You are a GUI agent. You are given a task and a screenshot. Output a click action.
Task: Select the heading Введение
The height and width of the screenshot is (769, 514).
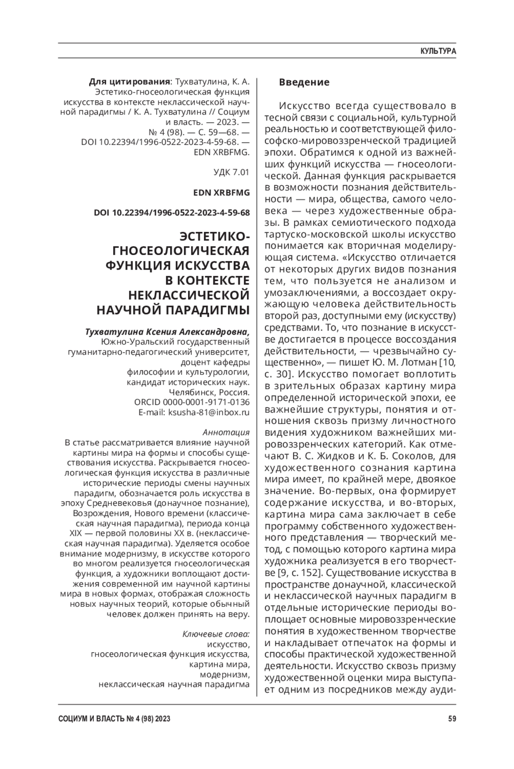[x=304, y=82]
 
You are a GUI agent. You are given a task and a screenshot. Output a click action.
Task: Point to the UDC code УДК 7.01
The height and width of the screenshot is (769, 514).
[x=231, y=172]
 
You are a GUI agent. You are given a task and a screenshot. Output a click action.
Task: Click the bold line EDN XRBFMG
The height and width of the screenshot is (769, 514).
[x=221, y=193]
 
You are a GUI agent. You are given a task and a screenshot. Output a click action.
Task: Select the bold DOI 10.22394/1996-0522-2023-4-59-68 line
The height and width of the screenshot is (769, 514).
[x=172, y=213]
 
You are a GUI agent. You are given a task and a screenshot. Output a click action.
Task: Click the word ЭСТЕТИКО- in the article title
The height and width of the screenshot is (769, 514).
[x=214, y=237]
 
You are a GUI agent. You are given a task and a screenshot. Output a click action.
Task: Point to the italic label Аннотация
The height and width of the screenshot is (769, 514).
[x=226, y=432]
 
